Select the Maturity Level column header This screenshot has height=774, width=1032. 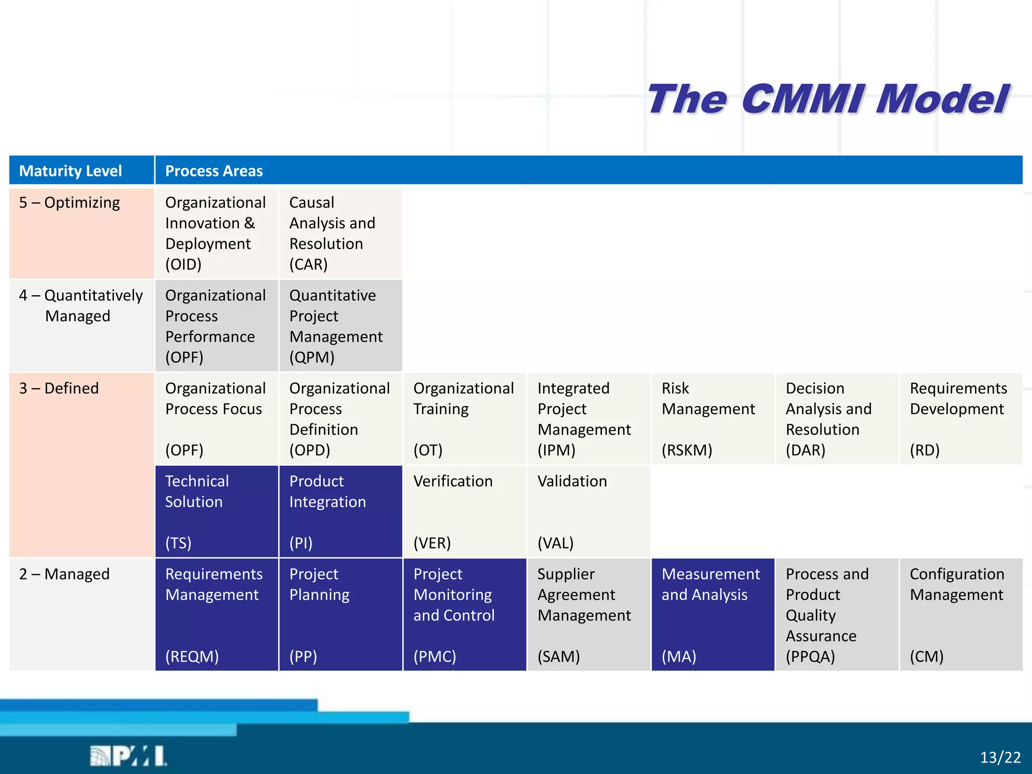tap(71, 171)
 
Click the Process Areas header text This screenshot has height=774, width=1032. tap(214, 171)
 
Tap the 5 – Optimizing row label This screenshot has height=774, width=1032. tap(70, 203)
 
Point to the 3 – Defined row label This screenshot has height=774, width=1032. tap(59, 389)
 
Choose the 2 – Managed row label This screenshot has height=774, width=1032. tap(64, 574)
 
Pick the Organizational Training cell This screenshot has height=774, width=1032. tap(464, 418)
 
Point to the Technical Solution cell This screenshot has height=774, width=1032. tap(216, 511)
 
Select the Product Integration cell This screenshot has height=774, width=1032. tap(340, 511)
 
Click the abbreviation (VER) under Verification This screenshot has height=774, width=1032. tap(432, 543)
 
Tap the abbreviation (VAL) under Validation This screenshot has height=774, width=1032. tap(556, 543)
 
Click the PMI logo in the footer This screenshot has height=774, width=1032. tap(128, 756)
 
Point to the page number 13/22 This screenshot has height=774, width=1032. tap(1000, 757)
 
